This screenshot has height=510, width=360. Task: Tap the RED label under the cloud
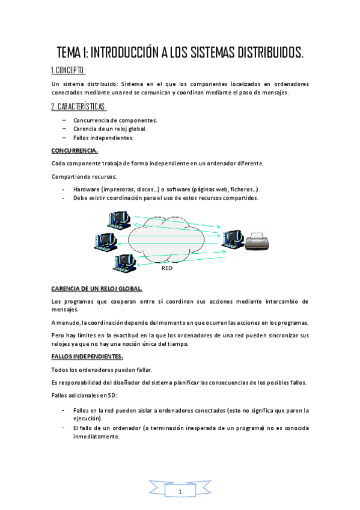point(167,268)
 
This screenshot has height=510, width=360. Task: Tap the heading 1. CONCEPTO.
point(69,70)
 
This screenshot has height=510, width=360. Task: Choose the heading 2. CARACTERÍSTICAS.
point(79,106)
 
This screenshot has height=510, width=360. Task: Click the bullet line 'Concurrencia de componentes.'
point(115,120)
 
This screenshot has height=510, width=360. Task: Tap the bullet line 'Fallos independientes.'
point(103,137)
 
